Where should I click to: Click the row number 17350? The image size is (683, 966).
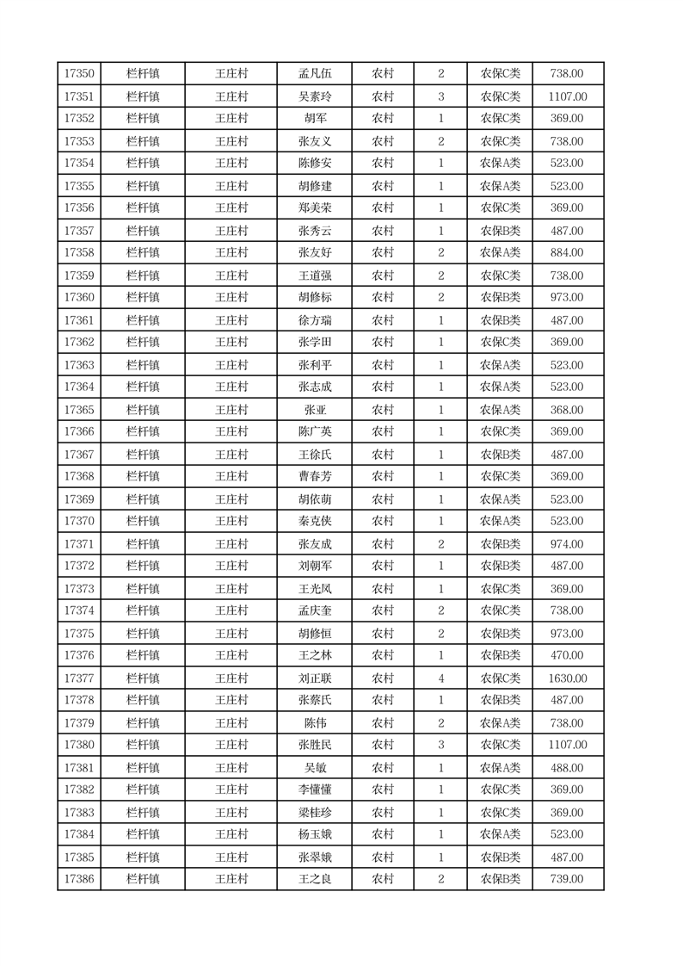[x=79, y=74]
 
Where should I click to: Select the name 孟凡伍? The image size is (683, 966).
[x=314, y=74]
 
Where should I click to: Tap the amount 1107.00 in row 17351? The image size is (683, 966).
[x=567, y=96]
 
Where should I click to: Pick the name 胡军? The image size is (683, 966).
[x=314, y=119]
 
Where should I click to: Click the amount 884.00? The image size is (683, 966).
[x=567, y=253]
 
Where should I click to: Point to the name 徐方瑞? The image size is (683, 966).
[x=314, y=320]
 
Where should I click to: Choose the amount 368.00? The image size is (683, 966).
[x=567, y=410]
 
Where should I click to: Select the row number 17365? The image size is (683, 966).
[x=79, y=410]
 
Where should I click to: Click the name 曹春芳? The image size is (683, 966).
[x=314, y=477]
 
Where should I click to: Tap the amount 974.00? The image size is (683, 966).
[x=567, y=544]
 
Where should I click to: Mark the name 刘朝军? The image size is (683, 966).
[x=314, y=567]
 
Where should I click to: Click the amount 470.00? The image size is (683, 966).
[x=567, y=656]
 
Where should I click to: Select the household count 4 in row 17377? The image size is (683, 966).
[x=440, y=678]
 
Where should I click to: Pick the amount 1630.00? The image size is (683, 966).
[x=567, y=678]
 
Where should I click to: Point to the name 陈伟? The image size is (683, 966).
[x=314, y=723]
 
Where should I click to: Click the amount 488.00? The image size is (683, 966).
[x=567, y=768]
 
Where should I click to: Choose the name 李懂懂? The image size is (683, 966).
[x=314, y=790]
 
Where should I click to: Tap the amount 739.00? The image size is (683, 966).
[x=567, y=879]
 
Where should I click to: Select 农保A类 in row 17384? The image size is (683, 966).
[x=500, y=834]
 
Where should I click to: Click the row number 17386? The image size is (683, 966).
[x=79, y=879]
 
